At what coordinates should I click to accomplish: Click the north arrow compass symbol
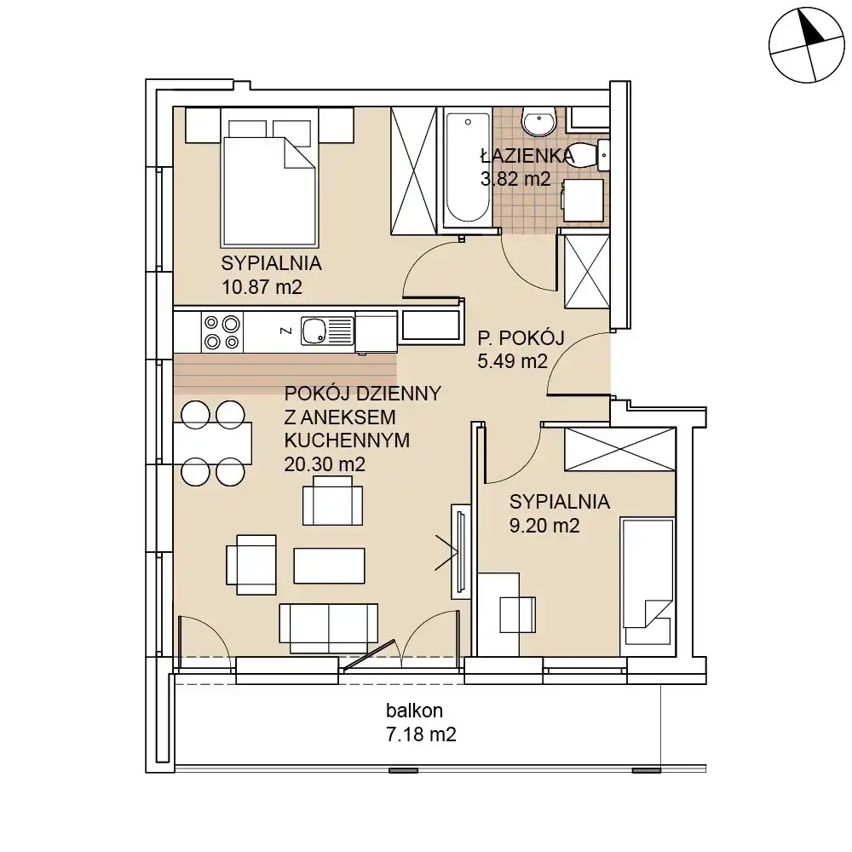point(806,45)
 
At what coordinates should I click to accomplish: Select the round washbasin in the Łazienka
point(539,121)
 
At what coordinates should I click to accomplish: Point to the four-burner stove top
point(222,332)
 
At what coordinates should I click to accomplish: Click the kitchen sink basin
point(314,331)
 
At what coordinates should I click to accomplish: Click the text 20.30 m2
point(325,464)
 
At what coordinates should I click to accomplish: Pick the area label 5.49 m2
point(512,361)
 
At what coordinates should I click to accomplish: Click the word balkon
point(414,711)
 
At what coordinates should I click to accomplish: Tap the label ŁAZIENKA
point(527,156)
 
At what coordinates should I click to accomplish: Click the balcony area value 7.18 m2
point(421,734)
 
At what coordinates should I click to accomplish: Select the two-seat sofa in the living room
point(328,628)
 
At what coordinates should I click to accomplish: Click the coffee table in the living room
point(329,566)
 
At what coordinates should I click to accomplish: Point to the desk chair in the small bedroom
point(518,614)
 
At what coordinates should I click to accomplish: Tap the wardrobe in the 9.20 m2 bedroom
point(620,448)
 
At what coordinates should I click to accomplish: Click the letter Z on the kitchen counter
point(285,331)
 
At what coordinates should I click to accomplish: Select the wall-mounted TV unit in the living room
point(460,551)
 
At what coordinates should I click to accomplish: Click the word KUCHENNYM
point(347,440)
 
